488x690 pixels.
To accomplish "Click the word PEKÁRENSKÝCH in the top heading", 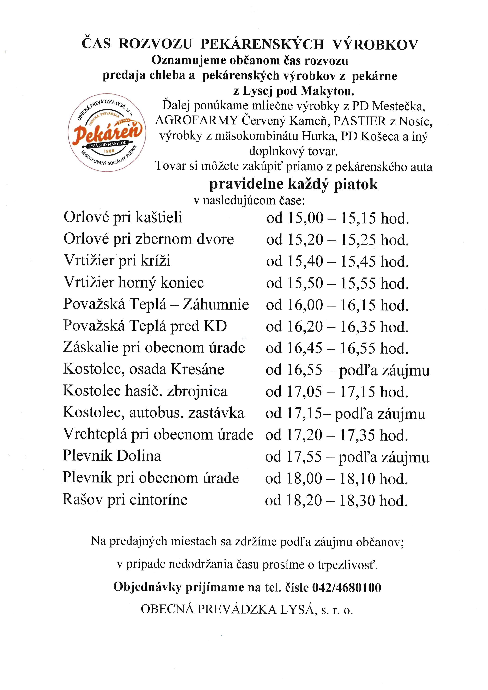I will (262, 45).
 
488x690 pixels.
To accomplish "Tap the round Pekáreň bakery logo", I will (107, 132).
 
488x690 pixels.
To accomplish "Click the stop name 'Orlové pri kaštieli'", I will (123, 217).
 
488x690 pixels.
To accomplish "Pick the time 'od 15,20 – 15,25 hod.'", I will (337, 240).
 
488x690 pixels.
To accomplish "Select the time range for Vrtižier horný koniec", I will (337, 283).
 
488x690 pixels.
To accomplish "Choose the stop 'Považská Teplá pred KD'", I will (145, 326).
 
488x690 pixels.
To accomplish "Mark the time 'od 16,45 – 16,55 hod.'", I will (337, 348).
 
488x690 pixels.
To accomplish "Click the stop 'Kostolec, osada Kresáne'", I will (143, 369).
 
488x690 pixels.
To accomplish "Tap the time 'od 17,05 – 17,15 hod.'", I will (337, 392).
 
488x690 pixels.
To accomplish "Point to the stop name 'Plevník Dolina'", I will (112, 456).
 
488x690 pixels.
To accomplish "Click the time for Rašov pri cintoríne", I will (336, 501).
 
